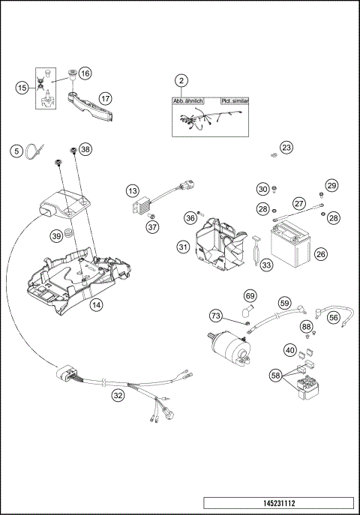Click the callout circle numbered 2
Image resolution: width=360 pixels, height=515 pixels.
[x=181, y=80]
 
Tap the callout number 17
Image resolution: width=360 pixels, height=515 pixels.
[x=106, y=97]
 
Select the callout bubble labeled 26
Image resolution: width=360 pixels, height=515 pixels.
[x=320, y=254]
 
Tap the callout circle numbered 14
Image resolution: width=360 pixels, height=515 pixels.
[x=96, y=305]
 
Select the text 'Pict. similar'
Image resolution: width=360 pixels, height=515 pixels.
[x=235, y=100]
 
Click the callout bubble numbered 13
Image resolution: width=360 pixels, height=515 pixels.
[x=132, y=190]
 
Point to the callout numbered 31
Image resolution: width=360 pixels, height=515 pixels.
[x=183, y=247]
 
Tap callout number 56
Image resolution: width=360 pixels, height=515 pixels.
[x=334, y=317]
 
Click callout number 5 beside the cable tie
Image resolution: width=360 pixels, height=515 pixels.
[x=16, y=151]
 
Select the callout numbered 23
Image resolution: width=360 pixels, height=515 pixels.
[x=286, y=148]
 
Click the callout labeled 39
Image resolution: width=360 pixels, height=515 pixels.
[x=56, y=236]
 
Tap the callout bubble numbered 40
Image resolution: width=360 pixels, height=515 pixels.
[x=289, y=349]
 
